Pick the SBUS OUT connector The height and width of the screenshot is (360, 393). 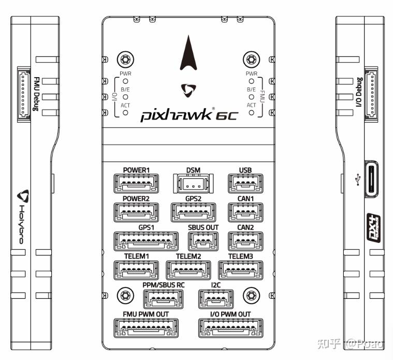pyautogui.click(x=203, y=240)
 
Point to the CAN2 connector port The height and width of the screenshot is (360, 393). pyautogui.click(x=245, y=240)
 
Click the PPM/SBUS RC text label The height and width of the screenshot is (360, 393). pyautogui.click(x=164, y=285)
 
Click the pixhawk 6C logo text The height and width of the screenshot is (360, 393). pyautogui.click(x=188, y=114)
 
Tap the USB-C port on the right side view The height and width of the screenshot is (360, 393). pyautogui.click(x=371, y=179)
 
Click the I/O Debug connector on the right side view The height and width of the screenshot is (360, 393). pyautogui.click(x=371, y=94)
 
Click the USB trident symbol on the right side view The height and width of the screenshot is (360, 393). pyautogui.click(x=357, y=179)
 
